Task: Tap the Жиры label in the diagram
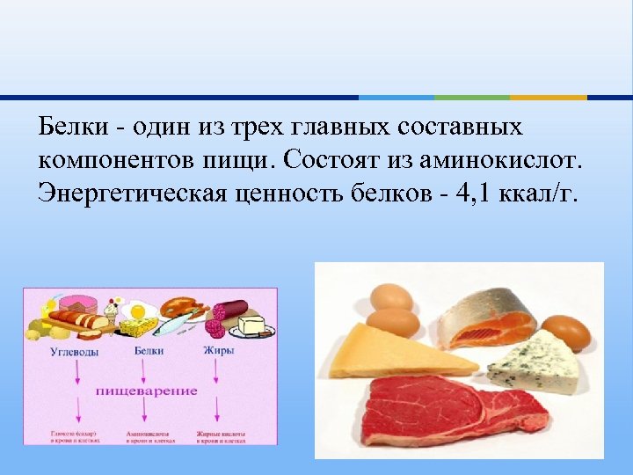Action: [218, 351]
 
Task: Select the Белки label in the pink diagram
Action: [149, 351]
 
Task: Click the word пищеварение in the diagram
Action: [146, 390]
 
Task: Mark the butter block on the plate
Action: [251, 325]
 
